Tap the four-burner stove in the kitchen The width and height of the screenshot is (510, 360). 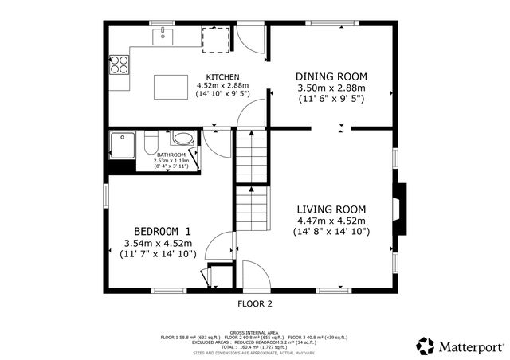click(120, 64)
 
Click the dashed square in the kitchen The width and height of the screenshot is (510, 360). click(216, 39)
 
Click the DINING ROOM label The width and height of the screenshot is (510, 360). click(331, 76)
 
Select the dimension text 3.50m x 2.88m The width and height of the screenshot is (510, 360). click(331, 88)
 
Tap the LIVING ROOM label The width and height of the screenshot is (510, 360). click(331, 209)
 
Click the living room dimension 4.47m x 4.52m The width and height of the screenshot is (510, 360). click(331, 221)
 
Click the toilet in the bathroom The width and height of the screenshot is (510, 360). click(149, 141)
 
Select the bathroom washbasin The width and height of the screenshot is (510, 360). click(182, 138)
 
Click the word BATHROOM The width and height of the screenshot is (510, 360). click(171, 155)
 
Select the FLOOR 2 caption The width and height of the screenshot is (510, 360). click(255, 304)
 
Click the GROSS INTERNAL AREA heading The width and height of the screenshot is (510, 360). click(254, 331)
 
